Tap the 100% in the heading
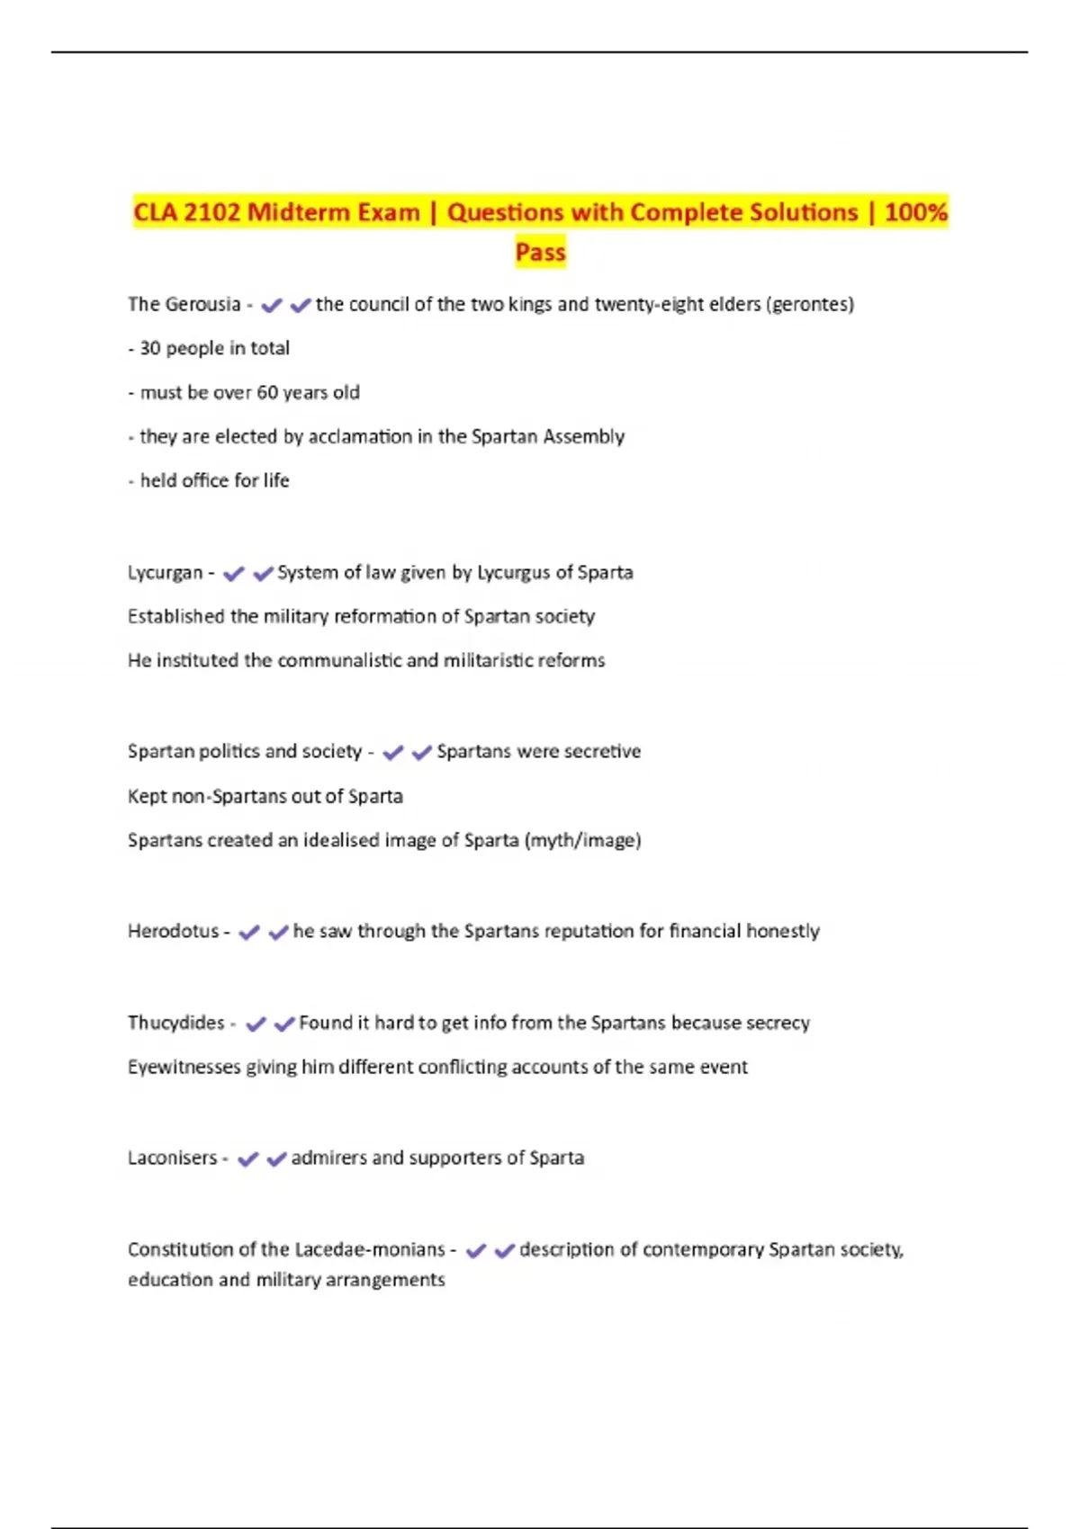[x=915, y=213]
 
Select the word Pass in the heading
[x=540, y=253]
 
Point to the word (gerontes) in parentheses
[x=809, y=305]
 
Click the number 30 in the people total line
[x=149, y=348]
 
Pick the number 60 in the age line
[x=267, y=393]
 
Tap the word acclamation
[x=360, y=437]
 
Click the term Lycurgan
[x=165, y=573]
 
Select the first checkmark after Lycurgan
[x=234, y=574]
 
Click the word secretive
[x=602, y=752]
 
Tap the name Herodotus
[x=173, y=932]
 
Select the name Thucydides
[x=175, y=1024]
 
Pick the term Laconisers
[x=172, y=1158]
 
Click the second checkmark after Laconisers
[x=276, y=1159]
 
